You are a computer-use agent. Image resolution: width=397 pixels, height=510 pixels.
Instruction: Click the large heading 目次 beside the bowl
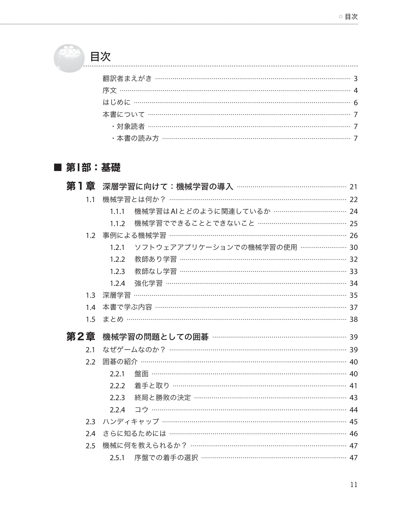[x=100, y=57]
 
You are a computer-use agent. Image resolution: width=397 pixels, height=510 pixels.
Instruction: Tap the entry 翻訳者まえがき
[x=127, y=79]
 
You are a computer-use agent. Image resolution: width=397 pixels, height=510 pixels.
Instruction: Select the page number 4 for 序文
[x=355, y=91]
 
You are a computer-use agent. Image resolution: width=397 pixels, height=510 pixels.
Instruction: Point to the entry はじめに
[x=116, y=103]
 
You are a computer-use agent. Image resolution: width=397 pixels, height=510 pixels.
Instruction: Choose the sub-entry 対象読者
[x=130, y=127]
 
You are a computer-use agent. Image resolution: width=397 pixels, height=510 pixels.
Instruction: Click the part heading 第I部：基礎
[x=93, y=168]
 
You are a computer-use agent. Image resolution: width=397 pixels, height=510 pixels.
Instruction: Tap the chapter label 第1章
[x=81, y=187]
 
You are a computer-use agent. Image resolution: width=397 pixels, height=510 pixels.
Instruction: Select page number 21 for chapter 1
[x=354, y=187]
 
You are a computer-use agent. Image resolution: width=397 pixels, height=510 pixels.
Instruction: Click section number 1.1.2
[x=117, y=224]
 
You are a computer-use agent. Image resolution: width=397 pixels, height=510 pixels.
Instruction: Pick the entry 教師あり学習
[x=155, y=259]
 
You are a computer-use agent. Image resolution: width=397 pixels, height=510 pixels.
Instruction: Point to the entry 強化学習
[x=148, y=283]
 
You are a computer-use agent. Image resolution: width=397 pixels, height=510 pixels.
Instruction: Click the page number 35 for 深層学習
[x=354, y=296]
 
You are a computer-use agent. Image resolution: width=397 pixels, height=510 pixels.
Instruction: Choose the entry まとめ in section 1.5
[x=113, y=319]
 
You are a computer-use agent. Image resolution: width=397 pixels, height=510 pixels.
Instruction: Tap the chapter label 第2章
[x=81, y=337]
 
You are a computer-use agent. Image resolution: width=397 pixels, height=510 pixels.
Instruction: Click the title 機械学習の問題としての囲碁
[x=155, y=337]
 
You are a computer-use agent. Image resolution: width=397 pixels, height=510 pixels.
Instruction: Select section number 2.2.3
[x=117, y=398]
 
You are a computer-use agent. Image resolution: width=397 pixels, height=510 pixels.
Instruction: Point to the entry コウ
[x=141, y=410]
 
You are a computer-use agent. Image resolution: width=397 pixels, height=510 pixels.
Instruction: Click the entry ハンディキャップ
[x=131, y=422]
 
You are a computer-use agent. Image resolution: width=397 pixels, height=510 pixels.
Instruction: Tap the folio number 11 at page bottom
[x=354, y=485]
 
